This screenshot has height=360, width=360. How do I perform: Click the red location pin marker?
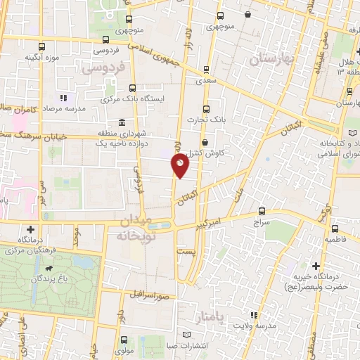coord(181,167)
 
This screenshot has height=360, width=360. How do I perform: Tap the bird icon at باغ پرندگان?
coord(50,270)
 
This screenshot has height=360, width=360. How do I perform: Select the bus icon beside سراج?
coord(262,210)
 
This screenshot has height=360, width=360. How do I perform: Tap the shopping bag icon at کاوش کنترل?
coord(204,141)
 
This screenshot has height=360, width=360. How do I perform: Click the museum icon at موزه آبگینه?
coord(41,46)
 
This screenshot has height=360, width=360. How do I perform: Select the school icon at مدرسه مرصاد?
coord(63,98)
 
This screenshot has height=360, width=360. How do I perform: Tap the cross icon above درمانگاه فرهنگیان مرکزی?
coord(31,229)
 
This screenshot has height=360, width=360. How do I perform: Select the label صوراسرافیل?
coord(149,295)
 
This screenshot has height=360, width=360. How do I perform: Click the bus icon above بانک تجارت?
coord(206,109)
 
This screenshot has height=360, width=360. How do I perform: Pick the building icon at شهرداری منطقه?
coord(123,120)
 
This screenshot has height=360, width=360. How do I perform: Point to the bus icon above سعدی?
coord(205,70)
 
